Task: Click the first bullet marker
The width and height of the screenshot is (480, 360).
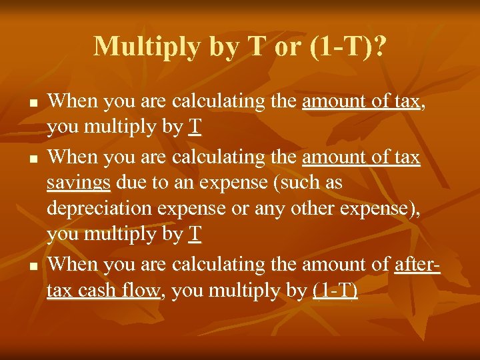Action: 33,104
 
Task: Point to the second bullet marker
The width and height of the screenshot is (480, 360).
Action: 33,159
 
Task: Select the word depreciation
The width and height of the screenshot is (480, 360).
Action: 97,209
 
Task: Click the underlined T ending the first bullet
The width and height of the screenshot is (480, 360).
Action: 194,128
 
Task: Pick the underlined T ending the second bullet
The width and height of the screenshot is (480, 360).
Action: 194,235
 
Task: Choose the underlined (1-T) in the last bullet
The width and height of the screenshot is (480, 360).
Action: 335,291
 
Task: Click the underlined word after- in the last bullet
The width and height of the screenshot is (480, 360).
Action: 417,264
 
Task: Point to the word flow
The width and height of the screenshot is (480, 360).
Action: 142,291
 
